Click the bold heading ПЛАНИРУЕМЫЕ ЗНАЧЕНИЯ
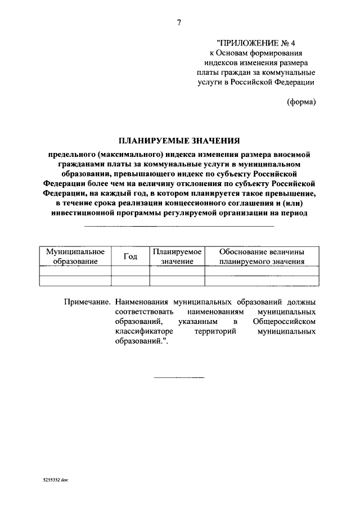pos(179,141)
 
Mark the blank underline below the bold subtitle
pos(179,226)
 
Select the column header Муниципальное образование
pos(75,256)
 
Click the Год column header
pos(130,256)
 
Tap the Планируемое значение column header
pos(177,256)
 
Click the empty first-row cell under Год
pos(130,271)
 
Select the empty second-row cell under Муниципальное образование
pos(75,281)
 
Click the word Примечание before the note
pos(85,301)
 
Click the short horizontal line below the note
pos(179,377)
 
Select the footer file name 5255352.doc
pos(55,481)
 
